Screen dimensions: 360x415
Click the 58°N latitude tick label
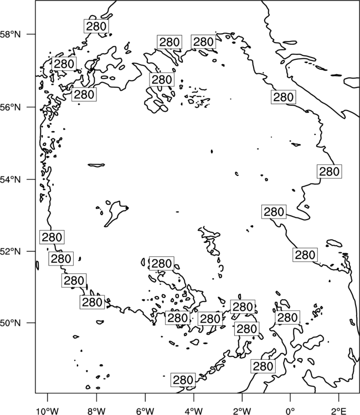pos(11,34)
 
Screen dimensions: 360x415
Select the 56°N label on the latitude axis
pos(11,107)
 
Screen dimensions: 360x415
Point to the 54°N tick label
pos(11,180)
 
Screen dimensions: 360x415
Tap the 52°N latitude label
pos(11,251)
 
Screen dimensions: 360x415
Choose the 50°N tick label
pos(11,323)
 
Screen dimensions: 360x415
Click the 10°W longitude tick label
pos(48,411)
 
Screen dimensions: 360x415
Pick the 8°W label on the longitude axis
pos(96,411)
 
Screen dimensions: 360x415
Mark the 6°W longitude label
pos(145,411)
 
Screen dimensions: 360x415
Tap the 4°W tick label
pos(194,411)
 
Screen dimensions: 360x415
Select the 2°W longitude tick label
pos(242,411)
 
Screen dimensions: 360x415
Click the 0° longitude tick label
pos(291,411)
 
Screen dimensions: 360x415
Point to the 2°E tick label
pos(339,411)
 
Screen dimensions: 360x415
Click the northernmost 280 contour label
pos(96,26)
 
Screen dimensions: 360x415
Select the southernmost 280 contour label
pos(183,380)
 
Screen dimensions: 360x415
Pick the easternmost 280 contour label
pos(329,171)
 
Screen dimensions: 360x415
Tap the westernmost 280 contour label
pos(52,237)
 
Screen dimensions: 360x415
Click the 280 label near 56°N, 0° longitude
pos(283,97)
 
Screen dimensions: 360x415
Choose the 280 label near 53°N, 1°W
pos(274,212)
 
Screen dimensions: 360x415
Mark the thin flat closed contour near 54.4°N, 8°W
pos(96,165)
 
